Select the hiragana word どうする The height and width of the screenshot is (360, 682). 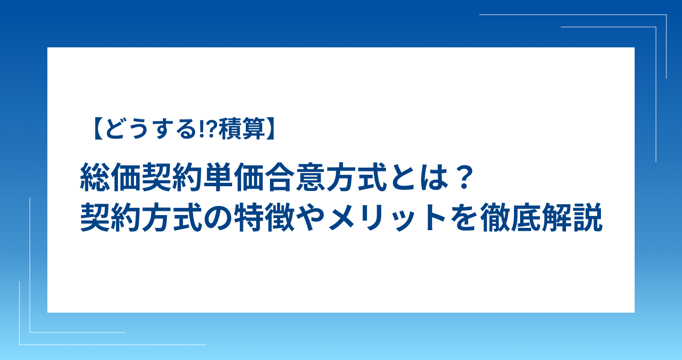(150, 129)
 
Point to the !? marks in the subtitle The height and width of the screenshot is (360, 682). (207, 129)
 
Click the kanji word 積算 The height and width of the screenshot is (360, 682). (242, 129)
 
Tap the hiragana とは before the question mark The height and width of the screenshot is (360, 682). (419, 177)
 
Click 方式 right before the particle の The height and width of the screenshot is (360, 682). (172, 217)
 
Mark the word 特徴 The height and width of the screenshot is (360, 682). (264, 217)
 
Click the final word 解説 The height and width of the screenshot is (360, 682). (572, 217)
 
